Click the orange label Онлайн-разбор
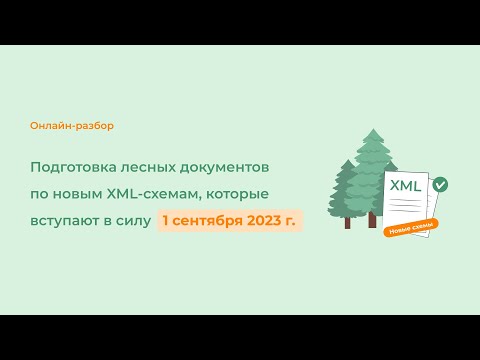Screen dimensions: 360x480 pyautogui.click(x=72, y=126)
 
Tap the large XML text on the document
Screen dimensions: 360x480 pyautogui.click(x=405, y=187)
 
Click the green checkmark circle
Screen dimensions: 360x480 pyautogui.click(x=440, y=184)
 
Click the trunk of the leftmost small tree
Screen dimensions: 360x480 pyautogui.click(x=348, y=221)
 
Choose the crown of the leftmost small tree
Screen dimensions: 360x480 pyautogui.click(x=346, y=190)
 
